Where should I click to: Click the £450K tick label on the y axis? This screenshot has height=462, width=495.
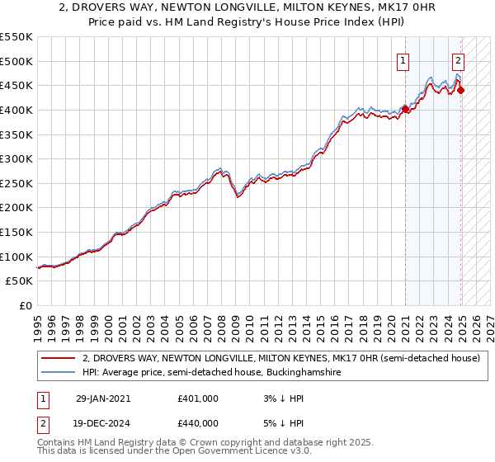pyautogui.click(x=16, y=85)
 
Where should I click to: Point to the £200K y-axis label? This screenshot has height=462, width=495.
pyautogui.click(x=16, y=207)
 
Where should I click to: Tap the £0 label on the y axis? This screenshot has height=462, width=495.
pyautogui.click(x=26, y=305)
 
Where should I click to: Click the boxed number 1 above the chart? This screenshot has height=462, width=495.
pyautogui.click(x=403, y=59)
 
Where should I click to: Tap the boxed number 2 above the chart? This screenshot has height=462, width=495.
pyautogui.click(x=458, y=59)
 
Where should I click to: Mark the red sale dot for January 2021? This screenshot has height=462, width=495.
pyautogui.click(x=406, y=109)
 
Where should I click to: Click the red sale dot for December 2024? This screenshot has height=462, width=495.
pyautogui.click(x=460, y=90)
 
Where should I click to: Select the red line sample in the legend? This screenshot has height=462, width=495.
pyautogui.click(x=59, y=358)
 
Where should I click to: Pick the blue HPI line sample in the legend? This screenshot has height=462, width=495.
pyautogui.click(x=59, y=372)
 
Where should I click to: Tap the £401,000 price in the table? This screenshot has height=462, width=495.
pyautogui.click(x=198, y=398)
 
